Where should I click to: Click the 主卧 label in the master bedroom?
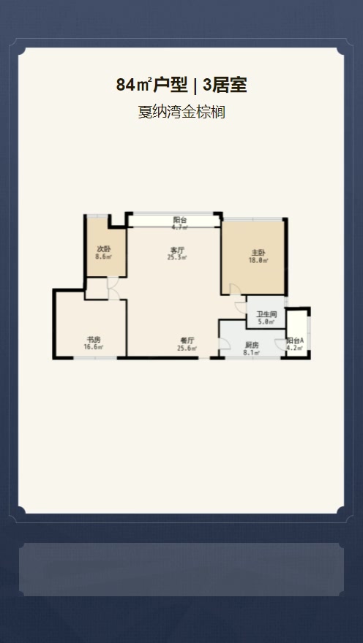259,254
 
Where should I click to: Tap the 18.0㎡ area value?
258,260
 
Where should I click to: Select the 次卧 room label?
103,249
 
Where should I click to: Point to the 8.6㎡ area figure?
103,256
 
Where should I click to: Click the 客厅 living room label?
177,250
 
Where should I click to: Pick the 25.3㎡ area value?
177,258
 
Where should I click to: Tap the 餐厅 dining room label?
187,340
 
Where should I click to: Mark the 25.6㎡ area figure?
187,348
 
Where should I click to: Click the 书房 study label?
93,340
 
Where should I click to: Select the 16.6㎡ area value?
93,347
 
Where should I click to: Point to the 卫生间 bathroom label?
266,314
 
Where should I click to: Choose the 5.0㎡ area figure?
266,322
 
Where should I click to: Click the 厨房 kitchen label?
252,345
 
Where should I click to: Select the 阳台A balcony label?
295,340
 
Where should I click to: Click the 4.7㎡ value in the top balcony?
180,227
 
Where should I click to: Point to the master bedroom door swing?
236,289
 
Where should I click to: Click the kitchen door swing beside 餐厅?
225,344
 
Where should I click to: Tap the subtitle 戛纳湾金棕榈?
181,112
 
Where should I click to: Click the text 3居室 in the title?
225,85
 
